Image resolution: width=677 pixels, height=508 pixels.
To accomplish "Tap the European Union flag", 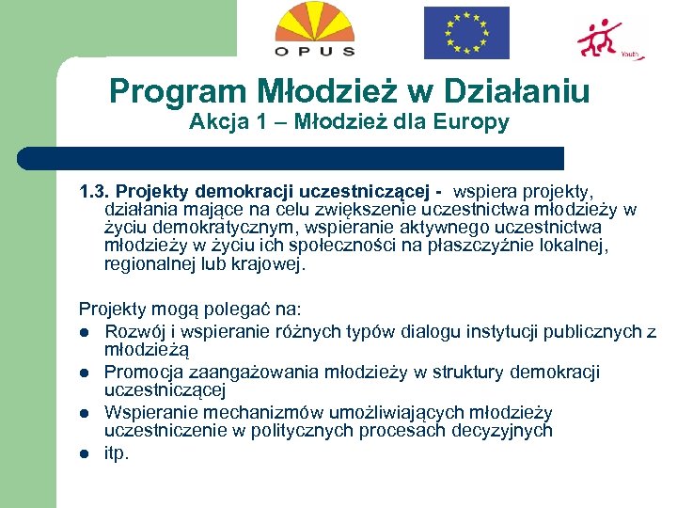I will point(466,33).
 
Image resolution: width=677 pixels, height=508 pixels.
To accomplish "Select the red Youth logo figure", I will point(600,39).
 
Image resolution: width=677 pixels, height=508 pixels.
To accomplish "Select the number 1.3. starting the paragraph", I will point(94,193).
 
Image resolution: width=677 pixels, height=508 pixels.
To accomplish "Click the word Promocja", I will point(142,373).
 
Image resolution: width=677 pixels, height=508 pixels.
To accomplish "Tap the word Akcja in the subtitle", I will point(215,121).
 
